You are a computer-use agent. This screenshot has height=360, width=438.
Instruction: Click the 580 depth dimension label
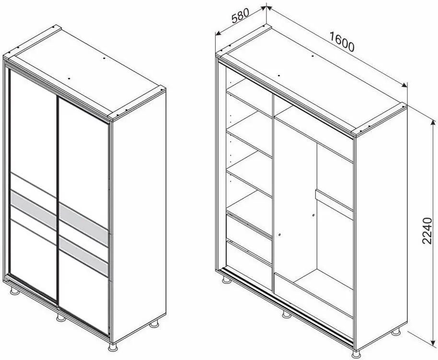pos(241,17)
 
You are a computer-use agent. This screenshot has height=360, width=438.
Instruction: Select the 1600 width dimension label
pos(342,44)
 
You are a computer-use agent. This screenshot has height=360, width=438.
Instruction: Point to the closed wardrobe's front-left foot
pos(14,291)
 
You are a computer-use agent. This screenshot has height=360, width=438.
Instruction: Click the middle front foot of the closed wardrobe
pos(60,317)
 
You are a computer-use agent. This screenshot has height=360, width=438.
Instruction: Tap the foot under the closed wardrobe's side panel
pos(154,325)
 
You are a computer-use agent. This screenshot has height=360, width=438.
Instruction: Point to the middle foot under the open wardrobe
pos(286,314)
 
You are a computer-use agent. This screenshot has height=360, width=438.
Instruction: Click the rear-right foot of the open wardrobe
pos(397,331)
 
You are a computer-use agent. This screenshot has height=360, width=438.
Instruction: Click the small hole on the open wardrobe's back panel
pos(313,215)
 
